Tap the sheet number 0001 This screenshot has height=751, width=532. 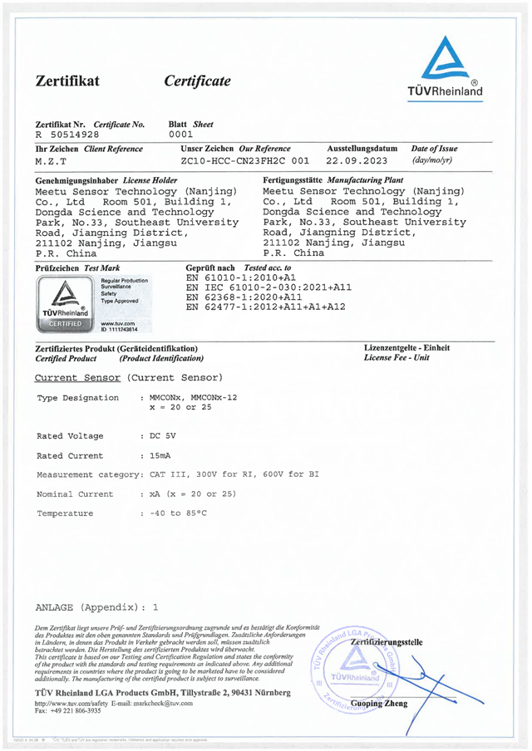pyautogui.click(x=180, y=133)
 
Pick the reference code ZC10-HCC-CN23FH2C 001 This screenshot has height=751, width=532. pyautogui.click(x=245, y=160)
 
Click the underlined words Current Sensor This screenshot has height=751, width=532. pyautogui.click(x=78, y=376)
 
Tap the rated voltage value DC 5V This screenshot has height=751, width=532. pyautogui.click(x=161, y=435)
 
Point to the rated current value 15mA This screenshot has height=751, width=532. pyautogui.click(x=161, y=455)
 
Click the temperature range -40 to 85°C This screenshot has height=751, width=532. pyautogui.click(x=178, y=513)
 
